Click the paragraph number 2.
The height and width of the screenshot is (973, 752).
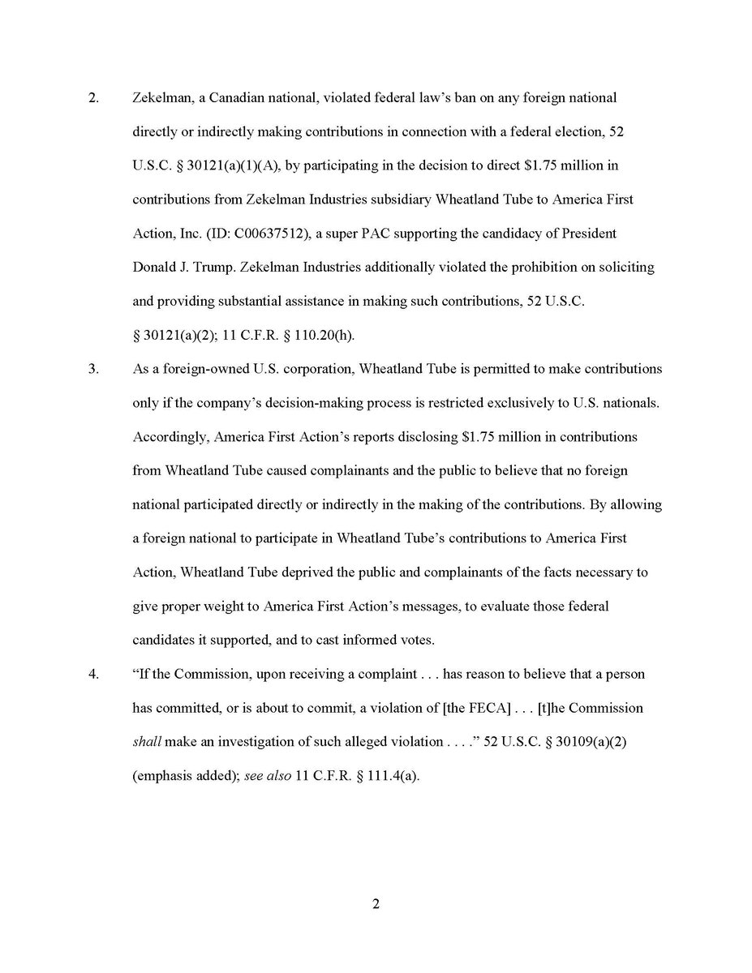(93, 98)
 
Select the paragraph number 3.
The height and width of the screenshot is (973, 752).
(93, 369)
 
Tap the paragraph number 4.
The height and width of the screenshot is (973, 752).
(93, 674)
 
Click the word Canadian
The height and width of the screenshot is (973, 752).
(218, 98)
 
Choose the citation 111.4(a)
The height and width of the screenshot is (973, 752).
(391, 775)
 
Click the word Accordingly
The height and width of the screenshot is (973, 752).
(166, 437)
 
